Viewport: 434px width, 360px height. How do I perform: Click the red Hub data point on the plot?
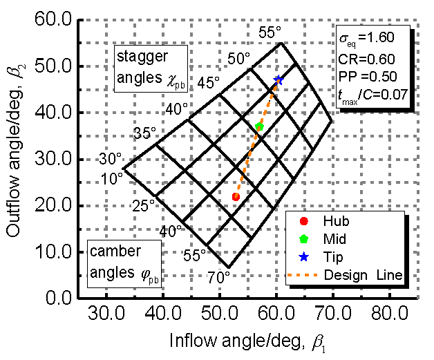point(236,197)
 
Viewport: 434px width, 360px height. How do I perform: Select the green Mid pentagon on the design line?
point(259,126)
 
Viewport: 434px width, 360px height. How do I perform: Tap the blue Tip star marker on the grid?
point(278,80)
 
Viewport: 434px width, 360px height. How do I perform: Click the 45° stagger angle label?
point(207,82)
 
